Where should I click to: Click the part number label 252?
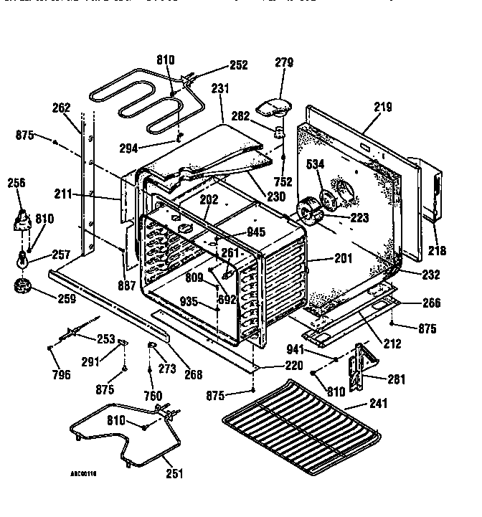pos(238,65)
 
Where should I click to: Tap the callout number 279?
pos(284,63)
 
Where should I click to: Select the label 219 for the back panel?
pos(382,108)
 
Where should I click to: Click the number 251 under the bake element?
pos(174,473)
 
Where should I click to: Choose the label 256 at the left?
pos(16,184)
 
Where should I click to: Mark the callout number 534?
pos(316,165)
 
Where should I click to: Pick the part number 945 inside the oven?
pos(256,232)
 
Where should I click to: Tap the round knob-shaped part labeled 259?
pos(24,288)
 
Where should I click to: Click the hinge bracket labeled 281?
pos(359,366)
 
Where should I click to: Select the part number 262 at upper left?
pos(62,109)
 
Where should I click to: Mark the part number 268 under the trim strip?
pos(193,374)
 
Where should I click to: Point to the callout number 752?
pos(283,182)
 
